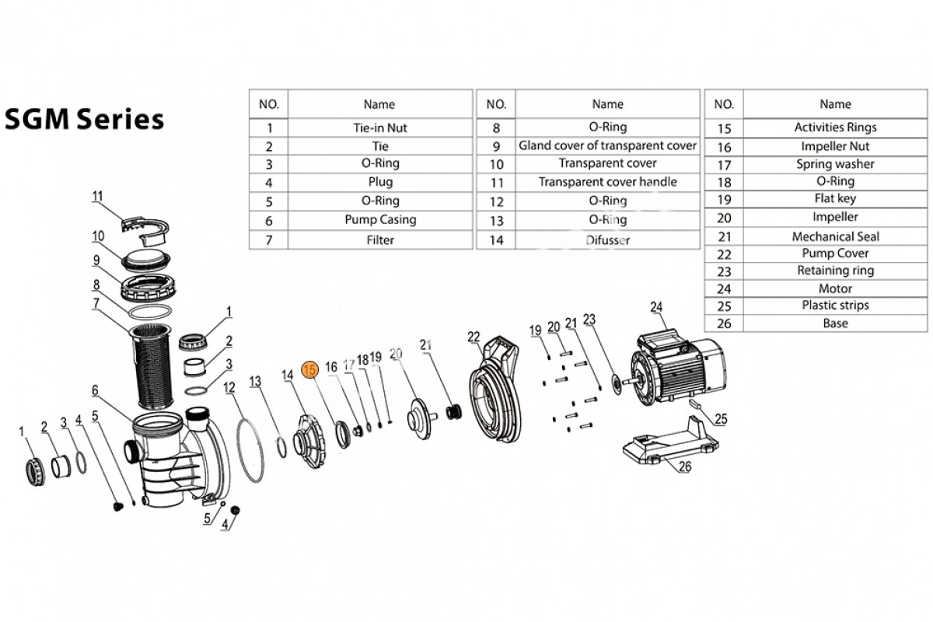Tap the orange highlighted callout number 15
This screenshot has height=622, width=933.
[x=310, y=370]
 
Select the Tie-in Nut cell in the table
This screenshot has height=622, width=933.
[x=379, y=128]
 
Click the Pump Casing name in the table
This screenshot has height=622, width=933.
[x=379, y=220]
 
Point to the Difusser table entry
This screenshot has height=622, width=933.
[x=607, y=240]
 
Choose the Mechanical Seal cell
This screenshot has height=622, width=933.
[x=835, y=236]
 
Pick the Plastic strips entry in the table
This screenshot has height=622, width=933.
[x=835, y=306]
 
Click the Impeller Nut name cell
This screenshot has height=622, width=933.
[x=835, y=146]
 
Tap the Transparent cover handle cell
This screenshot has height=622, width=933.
[x=607, y=182]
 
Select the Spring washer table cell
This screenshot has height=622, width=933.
[x=835, y=164]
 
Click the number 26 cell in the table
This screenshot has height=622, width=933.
[x=724, y=323]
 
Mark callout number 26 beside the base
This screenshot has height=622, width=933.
[x=685, y=466]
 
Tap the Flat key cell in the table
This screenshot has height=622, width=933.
[x=835, y=199]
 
